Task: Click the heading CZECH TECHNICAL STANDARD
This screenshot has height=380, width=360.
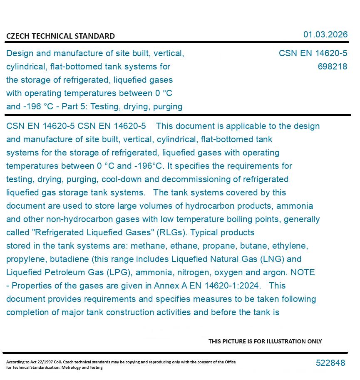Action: (x=60, y=36)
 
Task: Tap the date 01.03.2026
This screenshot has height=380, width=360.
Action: (x=325, y=35)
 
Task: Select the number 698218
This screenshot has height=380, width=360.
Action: (x=332, y=67)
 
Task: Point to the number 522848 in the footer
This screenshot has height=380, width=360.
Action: (x=330, y=363)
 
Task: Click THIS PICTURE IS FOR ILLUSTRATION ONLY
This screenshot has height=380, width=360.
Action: (x=265, y=341)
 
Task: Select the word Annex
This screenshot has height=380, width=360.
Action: (x=166, y=286)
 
